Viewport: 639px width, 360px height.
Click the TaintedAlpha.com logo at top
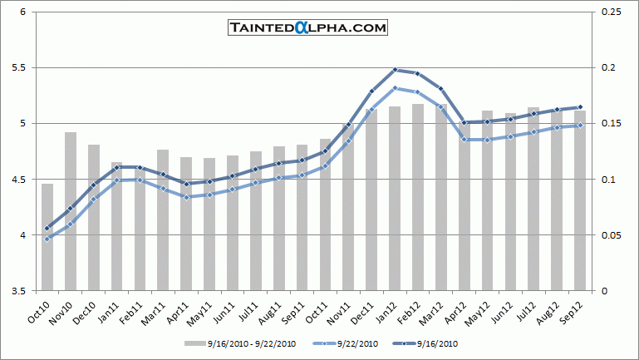point(307,27)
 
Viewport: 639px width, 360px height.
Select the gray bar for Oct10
point(47,238)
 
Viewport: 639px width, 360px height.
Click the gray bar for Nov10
point(71,212)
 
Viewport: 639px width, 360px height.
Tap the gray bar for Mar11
point(163,220)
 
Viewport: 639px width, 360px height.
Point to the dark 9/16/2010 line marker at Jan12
point(395,70)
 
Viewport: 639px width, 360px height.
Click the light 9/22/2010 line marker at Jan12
point(395,88)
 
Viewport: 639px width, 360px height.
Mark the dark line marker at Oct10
point(47,228)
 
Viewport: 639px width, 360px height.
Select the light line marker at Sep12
point(580,126)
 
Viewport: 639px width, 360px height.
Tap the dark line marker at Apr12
point(464,122)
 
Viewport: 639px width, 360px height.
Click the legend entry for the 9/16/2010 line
point(434,343)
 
